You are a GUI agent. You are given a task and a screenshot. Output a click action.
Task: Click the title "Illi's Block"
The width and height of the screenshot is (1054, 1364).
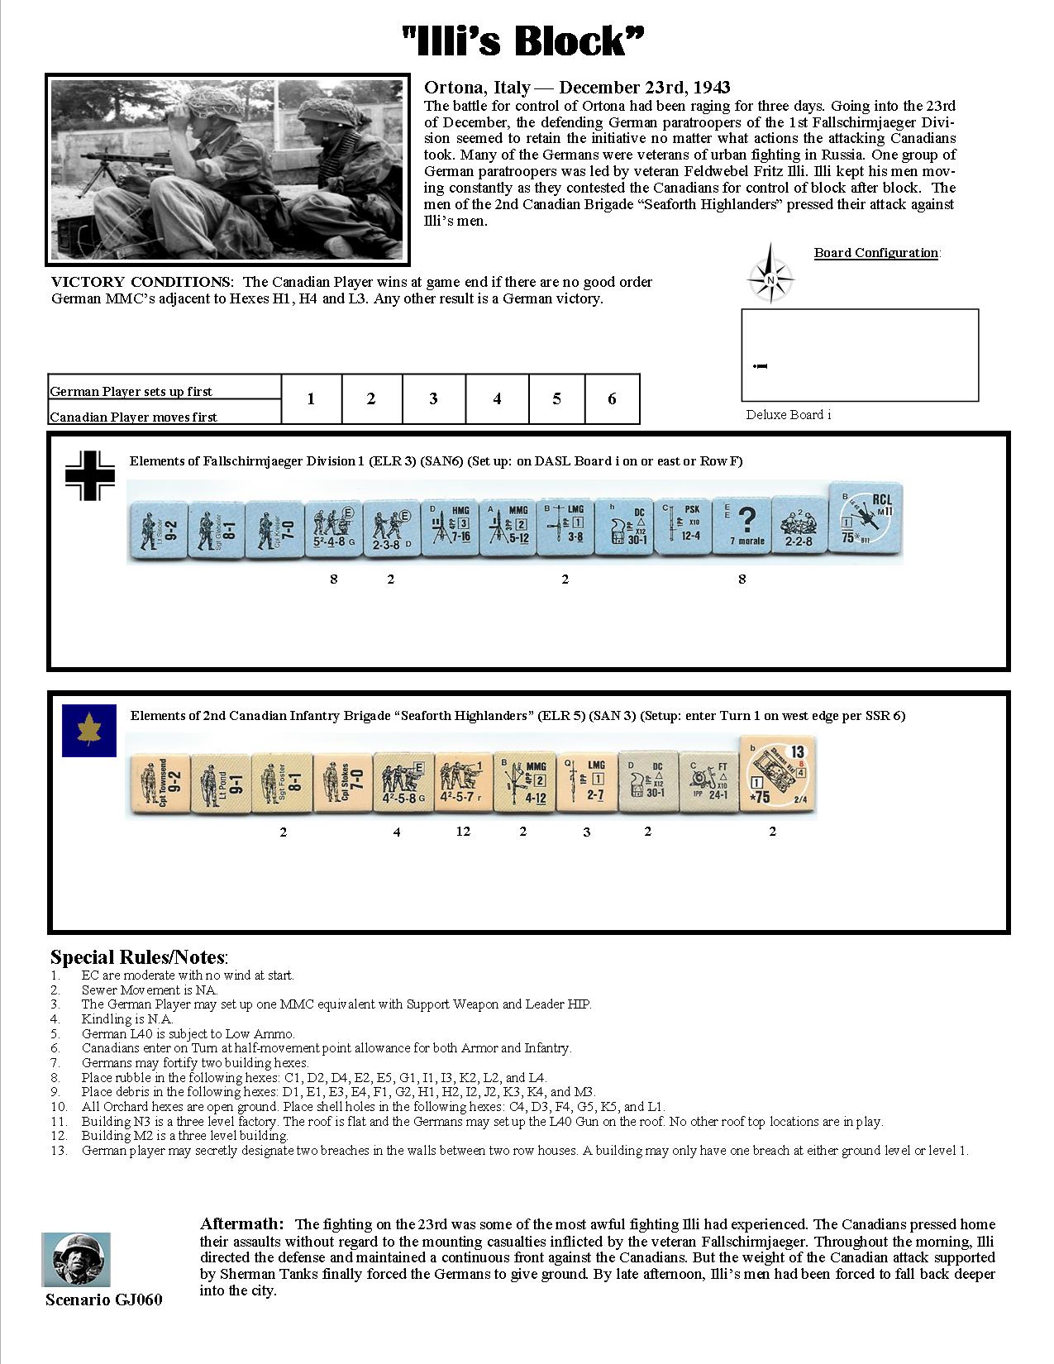[522, 41]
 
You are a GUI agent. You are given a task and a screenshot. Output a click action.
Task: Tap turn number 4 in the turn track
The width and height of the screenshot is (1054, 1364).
[497, 399]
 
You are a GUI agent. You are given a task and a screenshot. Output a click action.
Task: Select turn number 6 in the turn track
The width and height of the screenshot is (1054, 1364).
[612, 399]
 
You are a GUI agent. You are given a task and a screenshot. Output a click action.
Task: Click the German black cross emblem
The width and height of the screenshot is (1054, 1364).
[89, 475]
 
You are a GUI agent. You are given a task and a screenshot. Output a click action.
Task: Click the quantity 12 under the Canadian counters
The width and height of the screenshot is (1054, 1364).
[463, 831]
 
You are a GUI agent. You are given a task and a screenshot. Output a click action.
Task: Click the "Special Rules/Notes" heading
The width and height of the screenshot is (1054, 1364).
[139, 957]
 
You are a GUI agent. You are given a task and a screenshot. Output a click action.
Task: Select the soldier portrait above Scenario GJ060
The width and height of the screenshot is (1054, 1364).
[76, 1259]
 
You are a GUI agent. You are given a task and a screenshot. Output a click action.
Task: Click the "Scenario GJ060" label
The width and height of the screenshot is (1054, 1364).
[104, 1300]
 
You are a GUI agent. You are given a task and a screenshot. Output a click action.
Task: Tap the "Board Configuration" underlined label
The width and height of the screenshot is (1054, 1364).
[876, 253]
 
